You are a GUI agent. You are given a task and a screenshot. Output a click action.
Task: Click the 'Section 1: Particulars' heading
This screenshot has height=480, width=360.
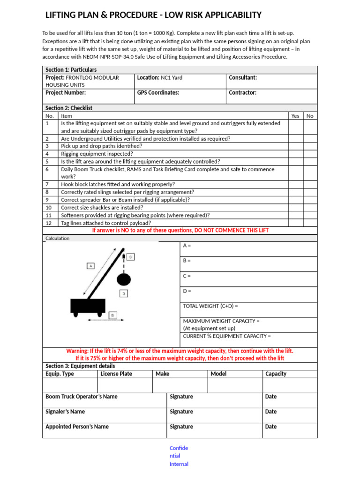pos(71,70)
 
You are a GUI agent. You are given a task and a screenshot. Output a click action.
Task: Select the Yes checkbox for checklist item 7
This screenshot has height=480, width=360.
pos(295,185)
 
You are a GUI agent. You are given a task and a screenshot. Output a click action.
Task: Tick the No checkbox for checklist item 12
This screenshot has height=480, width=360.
pos(310,223)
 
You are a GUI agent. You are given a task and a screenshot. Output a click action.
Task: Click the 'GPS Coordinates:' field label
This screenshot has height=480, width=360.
pos(158,93)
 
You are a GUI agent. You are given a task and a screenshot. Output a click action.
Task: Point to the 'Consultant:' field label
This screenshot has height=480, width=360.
pos(242,78)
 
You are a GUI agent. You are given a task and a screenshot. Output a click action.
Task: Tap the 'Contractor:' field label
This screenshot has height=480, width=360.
pos(242,93)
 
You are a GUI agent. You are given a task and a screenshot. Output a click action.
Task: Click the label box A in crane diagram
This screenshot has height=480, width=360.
pos(91,266)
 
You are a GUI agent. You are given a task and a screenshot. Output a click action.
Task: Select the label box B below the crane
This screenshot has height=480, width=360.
pos(113,315)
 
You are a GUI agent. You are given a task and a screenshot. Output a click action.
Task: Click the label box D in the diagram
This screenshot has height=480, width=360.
pos(124,293)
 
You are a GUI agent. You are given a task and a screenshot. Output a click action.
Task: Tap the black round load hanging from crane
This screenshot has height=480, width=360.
pos(123,279)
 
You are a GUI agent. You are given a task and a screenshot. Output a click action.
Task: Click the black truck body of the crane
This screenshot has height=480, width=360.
pos(87,306)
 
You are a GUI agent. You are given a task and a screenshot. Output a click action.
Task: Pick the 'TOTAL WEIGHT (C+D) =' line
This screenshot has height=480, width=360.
pos(210,306)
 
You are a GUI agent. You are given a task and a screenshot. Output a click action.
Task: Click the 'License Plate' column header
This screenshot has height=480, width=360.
pos(116,374)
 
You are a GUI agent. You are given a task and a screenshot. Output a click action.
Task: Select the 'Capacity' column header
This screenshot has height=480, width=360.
pos(276,374)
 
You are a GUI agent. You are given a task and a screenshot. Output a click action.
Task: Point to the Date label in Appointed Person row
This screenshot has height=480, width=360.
pos(271,427)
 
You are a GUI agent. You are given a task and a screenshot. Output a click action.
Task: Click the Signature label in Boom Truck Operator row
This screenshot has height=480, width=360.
pos(181,397)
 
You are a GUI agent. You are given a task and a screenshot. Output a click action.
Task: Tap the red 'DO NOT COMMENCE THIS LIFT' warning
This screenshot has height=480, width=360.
pos(180,231)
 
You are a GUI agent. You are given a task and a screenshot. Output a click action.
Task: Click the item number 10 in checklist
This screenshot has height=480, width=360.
pos(48,208)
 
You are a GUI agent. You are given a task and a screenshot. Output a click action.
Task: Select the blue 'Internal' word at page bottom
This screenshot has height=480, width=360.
pos(179,464)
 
